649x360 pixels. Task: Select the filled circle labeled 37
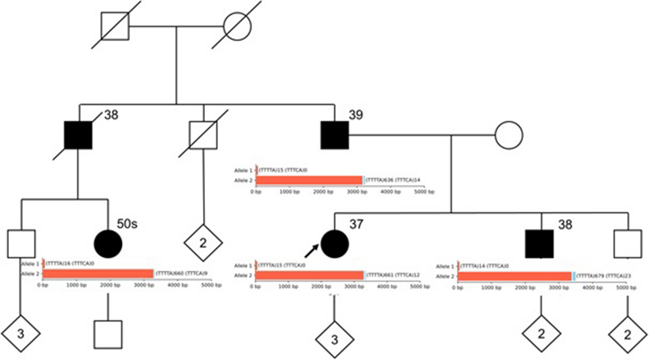tap(335, 244)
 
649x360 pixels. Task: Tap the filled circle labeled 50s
tap(108, 244)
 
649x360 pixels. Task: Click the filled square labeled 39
tap(335, 135)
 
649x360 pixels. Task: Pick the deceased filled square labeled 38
tap(78, 135)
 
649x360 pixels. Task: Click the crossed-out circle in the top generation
tap(237, 26)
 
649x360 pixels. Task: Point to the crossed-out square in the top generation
tap(115, 26)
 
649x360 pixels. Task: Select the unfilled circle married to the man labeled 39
tap(509, 135)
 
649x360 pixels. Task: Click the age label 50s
tap(127, 224)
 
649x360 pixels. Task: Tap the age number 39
tap(356, 115)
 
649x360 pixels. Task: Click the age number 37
tap(356, 224)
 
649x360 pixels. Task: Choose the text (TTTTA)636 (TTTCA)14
tap(393, 180)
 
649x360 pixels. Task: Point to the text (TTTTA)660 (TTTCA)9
tap(182, 273)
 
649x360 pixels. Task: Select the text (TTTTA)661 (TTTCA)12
tap(393, 275)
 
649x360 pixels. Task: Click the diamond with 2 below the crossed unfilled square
tap(203, 243)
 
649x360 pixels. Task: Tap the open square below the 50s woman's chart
tap(108, 334)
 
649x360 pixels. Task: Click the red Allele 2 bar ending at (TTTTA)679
tap(515, 276)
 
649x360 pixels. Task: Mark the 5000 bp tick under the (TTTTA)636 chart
tap(424, 192)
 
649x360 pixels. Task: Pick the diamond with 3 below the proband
tap(335, 340)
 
